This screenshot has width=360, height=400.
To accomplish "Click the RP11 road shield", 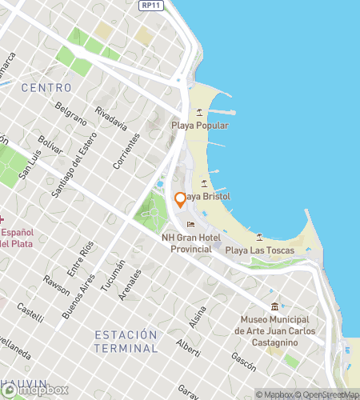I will tap(147, 6).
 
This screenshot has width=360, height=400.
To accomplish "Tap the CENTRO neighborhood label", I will tap(46, 86).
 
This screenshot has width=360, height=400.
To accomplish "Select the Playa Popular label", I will tap(200, 126).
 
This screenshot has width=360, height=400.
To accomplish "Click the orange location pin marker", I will tap(181, 198).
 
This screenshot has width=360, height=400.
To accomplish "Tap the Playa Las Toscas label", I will tap(259, 250).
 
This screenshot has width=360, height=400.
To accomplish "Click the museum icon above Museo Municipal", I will tap(276, 306).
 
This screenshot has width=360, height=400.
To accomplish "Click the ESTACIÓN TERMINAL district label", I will tap(125, 341).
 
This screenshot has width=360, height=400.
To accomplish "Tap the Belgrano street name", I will tap(72, 115).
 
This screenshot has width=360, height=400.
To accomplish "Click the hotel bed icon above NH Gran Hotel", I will tap(190, 224).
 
